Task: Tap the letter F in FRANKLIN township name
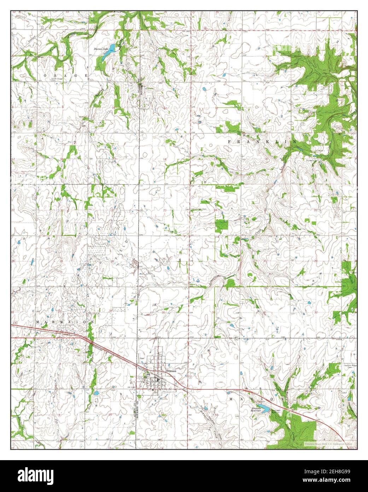click(x=229, y=142)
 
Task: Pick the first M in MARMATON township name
click(x=37, y=322)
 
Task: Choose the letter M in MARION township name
click(x=232, y=399)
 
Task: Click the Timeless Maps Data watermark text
click(x=329, y=443)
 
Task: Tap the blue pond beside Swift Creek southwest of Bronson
click(x=96, y=393)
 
